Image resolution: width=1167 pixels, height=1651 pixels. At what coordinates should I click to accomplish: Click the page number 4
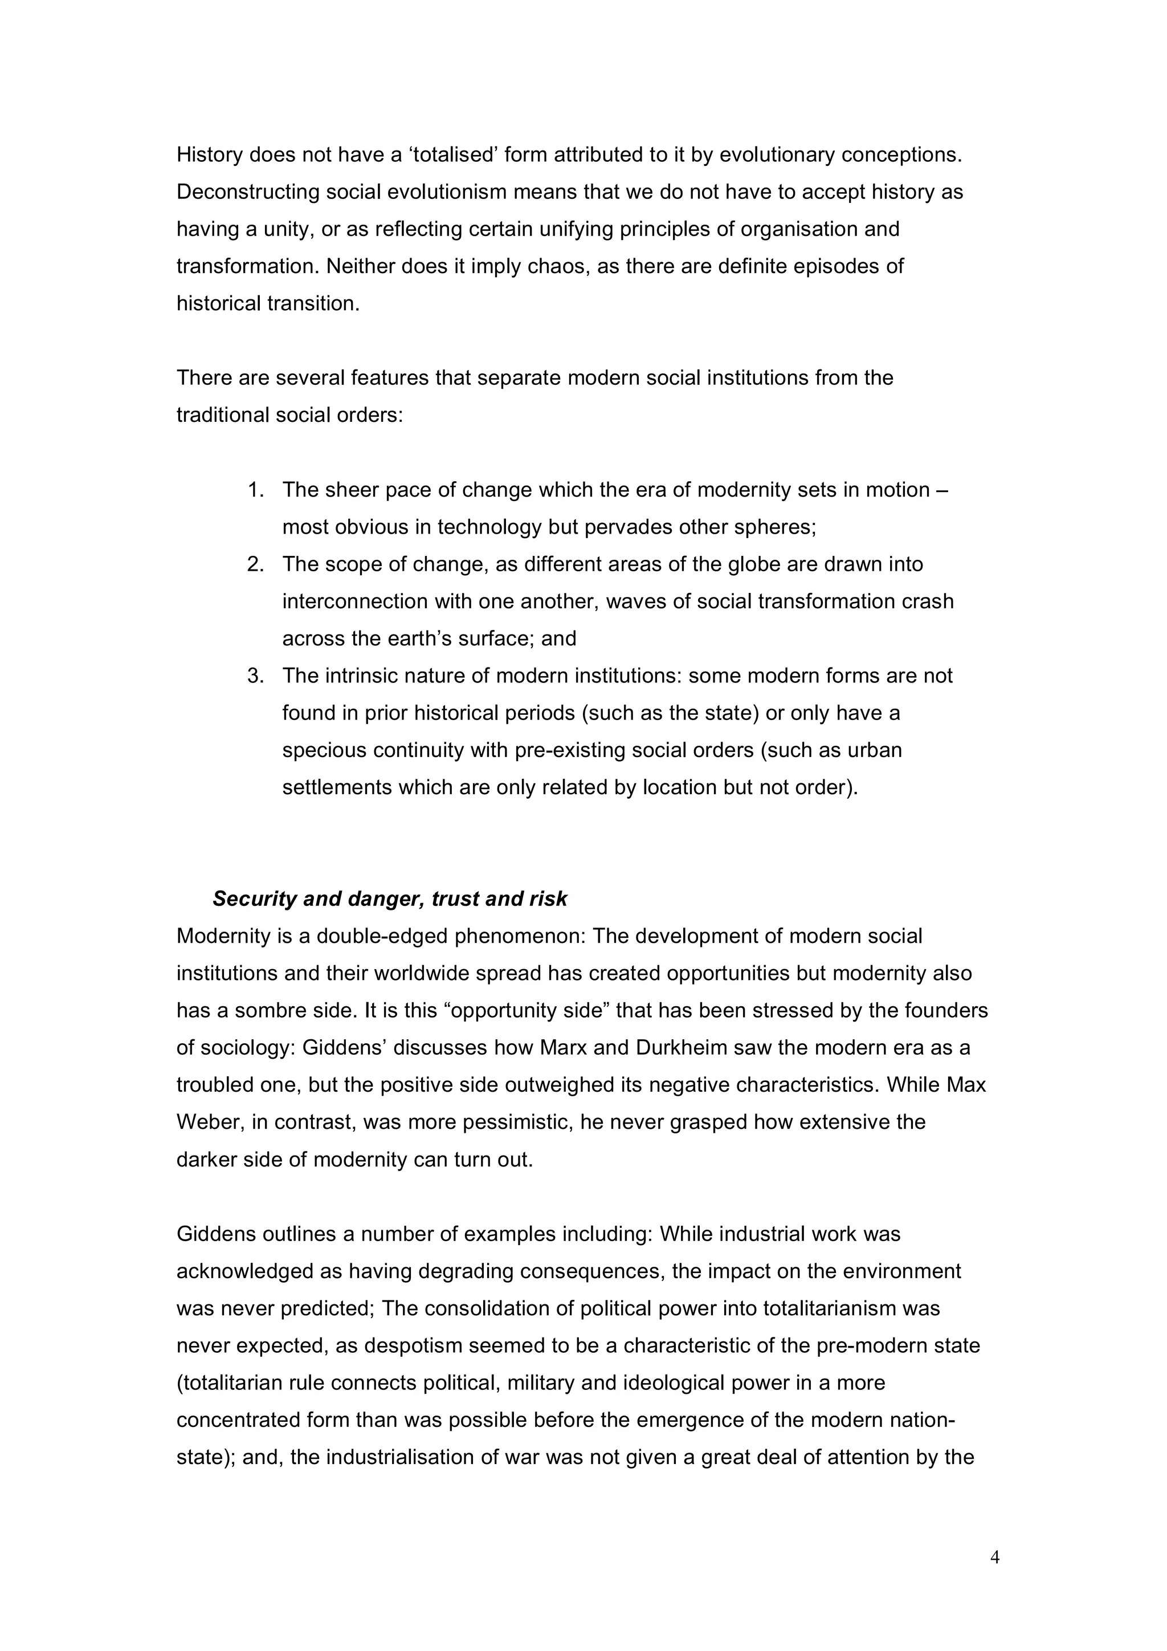(x=994, y=1558)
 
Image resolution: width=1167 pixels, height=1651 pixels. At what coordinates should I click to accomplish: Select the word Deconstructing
(x=248, y=192)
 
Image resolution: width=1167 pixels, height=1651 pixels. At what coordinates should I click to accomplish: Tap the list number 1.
(x=256, y=490)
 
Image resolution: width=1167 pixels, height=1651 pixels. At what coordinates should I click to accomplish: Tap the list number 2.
(x=256, y=564)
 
